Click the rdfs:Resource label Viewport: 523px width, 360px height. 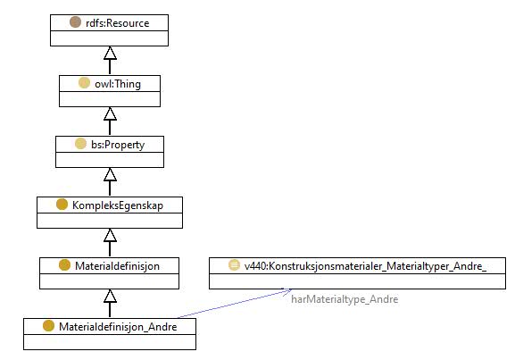pos(118,23)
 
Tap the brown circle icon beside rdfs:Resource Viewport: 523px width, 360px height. pos(75,22)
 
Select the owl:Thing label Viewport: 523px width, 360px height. pos(118,84)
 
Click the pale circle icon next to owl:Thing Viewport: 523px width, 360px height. pos(84,83)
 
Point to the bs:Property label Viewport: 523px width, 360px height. pos(118,145)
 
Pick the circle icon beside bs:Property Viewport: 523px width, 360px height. pos(80,144)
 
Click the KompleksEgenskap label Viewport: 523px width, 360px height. pos(118,205)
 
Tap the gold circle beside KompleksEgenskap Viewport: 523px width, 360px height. pos(62,205)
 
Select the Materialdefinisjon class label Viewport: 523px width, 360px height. pos(117,266)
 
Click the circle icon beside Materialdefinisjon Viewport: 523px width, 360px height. pos(65,265)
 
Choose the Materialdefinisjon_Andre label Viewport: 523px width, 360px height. pos(118,327)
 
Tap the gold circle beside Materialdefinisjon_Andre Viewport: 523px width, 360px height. pos(49,326)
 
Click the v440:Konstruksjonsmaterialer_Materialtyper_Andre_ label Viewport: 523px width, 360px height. pos(365,266)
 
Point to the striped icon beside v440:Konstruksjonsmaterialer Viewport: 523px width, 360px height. pos(234,265)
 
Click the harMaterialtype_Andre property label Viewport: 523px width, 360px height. pos(345,299)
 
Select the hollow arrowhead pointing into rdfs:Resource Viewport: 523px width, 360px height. pos(110,53)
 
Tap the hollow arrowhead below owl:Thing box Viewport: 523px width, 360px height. pos(110,113)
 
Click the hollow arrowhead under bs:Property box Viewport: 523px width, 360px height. pos(110,175)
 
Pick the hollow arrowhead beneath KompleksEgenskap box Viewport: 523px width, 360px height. pos(110,236)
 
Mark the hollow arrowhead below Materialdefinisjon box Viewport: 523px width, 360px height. pos(110,297)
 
